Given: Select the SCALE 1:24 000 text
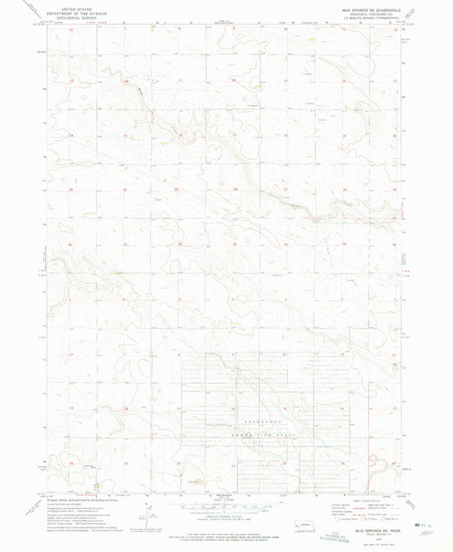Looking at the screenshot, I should coord(226,496).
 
